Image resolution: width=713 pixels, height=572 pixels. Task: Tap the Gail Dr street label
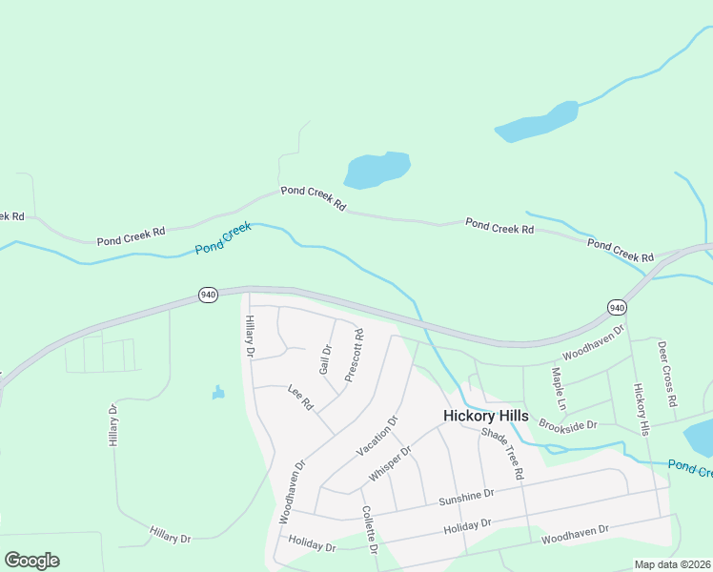coord(326,360)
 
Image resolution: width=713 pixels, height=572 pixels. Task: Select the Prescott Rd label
coord(354,356)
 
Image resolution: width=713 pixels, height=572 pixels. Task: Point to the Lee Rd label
coord(300,398)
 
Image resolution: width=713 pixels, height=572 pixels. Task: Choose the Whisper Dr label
coord(390,463)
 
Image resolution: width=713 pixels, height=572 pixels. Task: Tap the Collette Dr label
coord(369,530)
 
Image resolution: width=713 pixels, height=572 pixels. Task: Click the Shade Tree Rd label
coord(502,453)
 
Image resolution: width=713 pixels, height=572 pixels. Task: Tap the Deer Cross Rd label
coord(666,375)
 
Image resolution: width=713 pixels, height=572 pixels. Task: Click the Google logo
coord(31,561)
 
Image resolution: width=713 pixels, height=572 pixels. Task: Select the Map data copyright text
coord(673,564)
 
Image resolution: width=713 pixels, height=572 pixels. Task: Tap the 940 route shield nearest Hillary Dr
coord(208,295)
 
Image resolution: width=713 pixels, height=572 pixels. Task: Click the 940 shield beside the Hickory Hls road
coord(617,307)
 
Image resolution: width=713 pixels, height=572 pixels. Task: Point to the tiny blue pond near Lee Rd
coord(218,392)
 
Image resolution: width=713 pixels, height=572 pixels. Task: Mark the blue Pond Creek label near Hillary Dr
coord(223,238)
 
